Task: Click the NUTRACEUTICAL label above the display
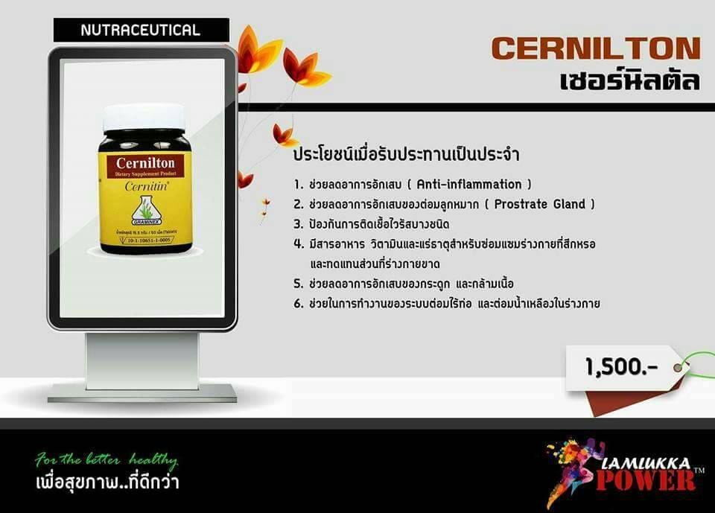tap(140, 31)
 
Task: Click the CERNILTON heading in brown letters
tap(595, 49)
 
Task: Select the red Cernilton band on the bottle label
tap(143, 162)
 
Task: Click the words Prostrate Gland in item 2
tap(547, 204)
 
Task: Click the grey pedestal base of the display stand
tap(143, 392)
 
